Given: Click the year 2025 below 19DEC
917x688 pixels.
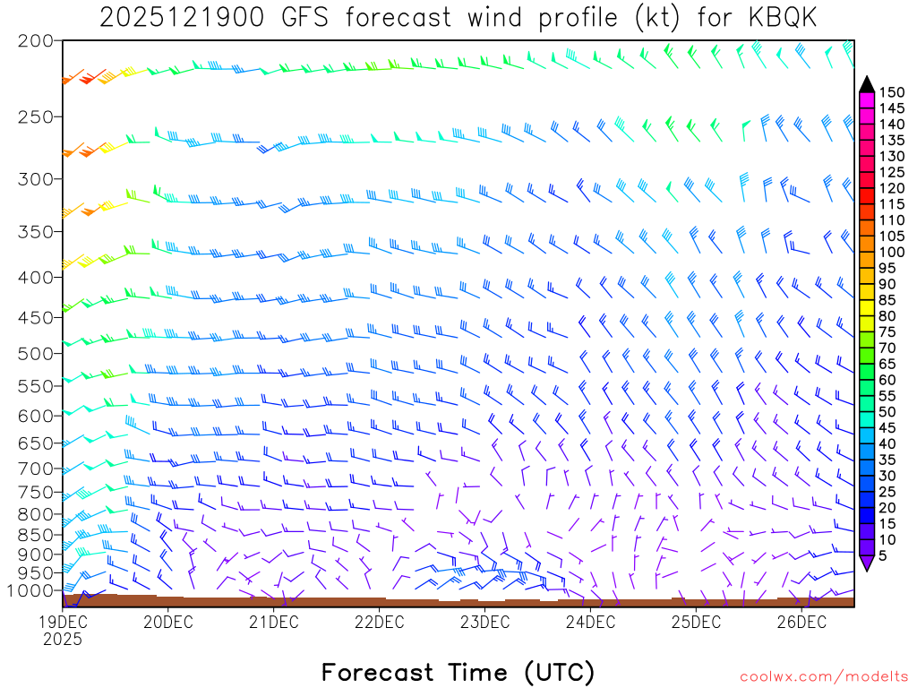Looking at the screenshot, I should point(62,640).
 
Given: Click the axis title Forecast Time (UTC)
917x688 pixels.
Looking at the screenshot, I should point(458,672).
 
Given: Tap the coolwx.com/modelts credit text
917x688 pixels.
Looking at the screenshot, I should point(822,677).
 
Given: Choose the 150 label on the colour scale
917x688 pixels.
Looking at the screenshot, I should point(892,92).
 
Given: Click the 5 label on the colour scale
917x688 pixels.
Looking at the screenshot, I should point(883,556).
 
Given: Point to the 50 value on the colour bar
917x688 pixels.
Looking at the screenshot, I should point(887,411).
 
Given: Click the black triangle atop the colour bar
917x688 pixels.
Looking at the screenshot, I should point(866,83).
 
